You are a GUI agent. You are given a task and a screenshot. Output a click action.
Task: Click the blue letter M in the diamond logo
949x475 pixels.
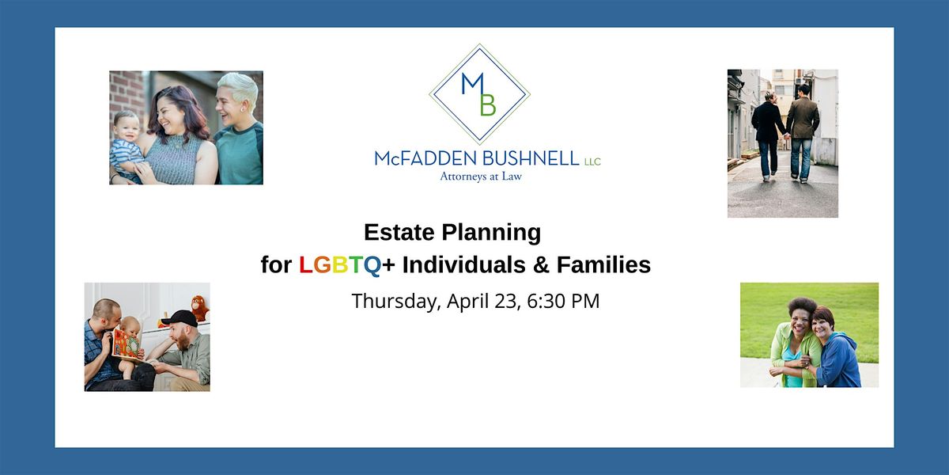tap(472, 84)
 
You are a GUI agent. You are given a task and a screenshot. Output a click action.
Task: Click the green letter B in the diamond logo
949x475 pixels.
tap(488, 104)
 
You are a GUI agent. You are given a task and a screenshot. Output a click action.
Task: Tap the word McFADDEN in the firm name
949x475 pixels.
tap(425, 158)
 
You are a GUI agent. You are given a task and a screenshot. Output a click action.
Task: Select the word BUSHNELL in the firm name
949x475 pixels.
tap(531, 158)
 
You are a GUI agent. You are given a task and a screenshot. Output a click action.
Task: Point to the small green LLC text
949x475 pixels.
tap(592, 161)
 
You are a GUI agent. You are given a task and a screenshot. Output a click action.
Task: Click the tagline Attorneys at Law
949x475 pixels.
tap(481, 177)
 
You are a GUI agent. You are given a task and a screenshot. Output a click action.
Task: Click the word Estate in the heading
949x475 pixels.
tap(399, 233)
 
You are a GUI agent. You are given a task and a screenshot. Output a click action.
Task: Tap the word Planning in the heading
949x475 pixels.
tap(491, 234)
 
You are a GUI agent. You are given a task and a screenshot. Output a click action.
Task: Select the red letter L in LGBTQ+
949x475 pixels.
tap(305, 264)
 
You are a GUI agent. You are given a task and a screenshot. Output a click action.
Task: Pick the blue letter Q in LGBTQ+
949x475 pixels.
tap(372, 265)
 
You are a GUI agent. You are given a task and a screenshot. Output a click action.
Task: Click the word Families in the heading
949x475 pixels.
tap(603, 264)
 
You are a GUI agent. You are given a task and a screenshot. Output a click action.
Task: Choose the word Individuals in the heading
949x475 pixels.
tap(464, 264)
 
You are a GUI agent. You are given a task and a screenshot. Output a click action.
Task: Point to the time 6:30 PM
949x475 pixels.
tap(563, 301)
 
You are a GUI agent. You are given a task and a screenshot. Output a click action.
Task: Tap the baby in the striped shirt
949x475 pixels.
tap(126, 144)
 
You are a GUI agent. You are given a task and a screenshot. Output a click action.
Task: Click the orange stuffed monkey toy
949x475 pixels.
tap(199, 308)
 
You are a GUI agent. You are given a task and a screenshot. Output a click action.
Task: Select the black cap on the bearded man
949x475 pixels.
tap(180, 318)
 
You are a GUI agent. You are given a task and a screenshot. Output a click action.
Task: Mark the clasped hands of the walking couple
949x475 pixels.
tap(787, 135)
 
